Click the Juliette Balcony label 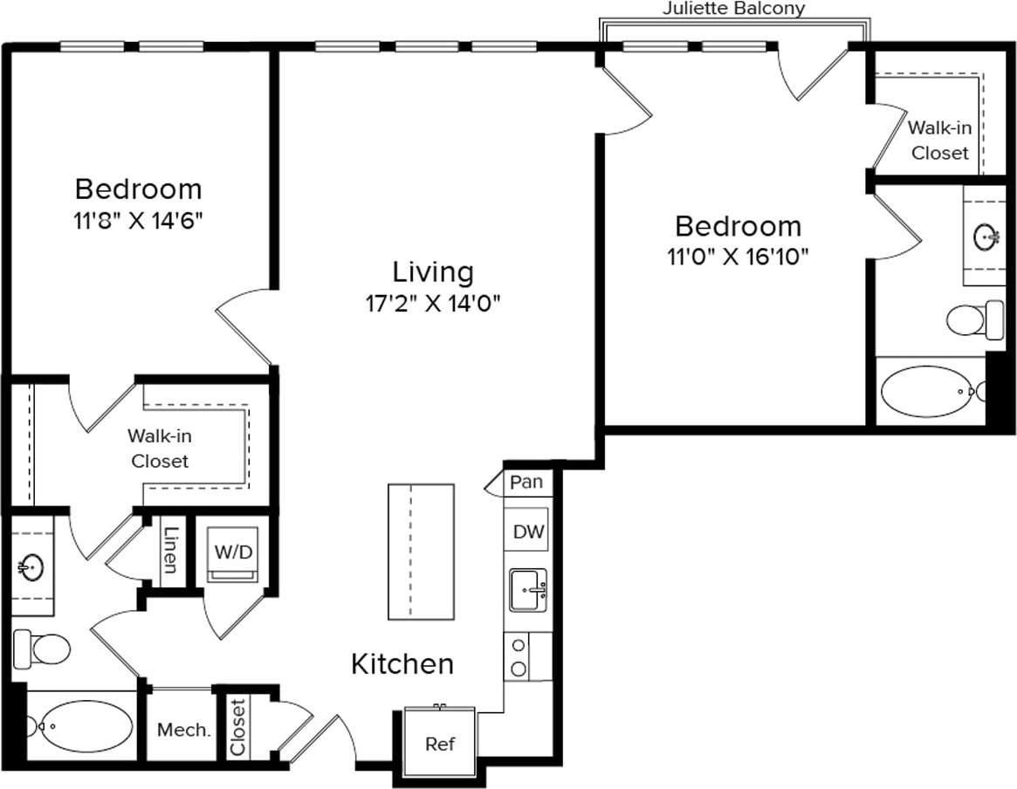[733, 9]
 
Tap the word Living [433, 272]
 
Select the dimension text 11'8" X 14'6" [138, 221]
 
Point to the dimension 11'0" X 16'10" [738, 257]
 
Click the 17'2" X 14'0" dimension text [433, 304]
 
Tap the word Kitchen [402, 664]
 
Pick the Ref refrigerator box [440, 744]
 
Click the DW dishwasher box [526, 532]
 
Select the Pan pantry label [526, 482]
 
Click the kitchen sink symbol [527, 590]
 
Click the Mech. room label [183, 730]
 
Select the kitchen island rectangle [421, 552]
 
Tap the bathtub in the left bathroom [84, 725]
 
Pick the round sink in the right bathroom [988, 235]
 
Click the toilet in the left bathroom [42, 648]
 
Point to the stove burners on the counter [519, 657]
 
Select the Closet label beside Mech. [237, 726]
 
